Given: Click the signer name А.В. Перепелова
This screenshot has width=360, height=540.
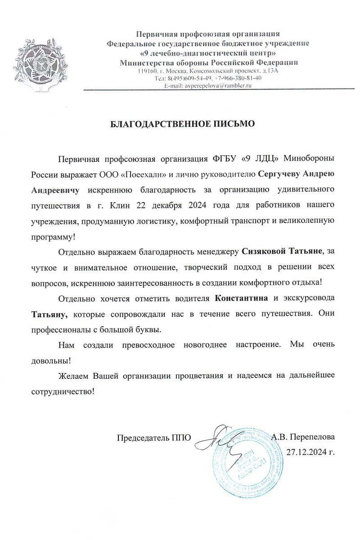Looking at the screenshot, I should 303,437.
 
